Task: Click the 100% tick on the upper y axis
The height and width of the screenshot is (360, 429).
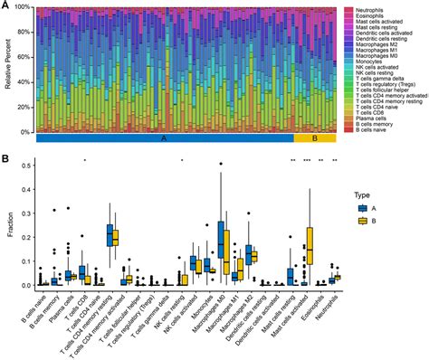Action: (25, 7)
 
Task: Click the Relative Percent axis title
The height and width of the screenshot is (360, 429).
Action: (8, 71)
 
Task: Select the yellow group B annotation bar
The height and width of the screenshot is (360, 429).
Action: (315, 139)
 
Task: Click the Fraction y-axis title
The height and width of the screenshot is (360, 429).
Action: (8, 224)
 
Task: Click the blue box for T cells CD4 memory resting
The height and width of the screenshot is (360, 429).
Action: (110, 235)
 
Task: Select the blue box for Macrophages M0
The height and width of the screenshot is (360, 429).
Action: (222, 240)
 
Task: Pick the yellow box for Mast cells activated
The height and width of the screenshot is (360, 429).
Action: (311, 244)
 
